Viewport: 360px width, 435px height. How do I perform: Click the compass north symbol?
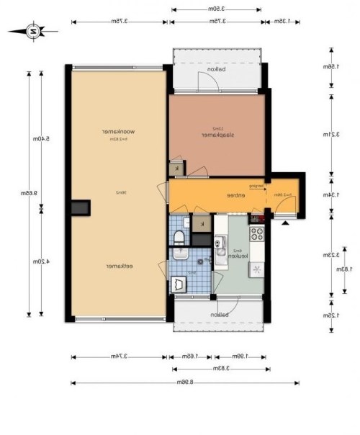click(33, 31)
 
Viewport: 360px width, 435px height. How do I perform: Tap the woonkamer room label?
click(110, 131)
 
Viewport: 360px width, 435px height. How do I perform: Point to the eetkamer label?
click(116, 265)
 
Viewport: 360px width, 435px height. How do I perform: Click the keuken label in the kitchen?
click(238, 256)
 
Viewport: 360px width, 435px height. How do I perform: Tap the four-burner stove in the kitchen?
click(257, 234)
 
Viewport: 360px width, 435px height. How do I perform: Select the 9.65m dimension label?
click(34, 193)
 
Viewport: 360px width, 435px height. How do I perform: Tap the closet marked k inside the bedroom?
click(178, 168)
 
